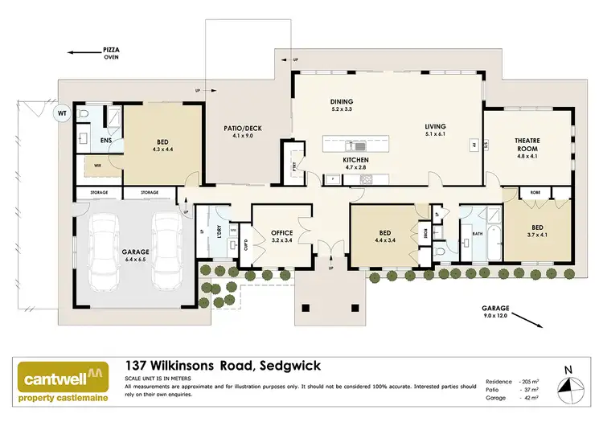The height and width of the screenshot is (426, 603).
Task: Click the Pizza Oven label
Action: point(111,52)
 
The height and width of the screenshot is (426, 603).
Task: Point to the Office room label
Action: point(282,236)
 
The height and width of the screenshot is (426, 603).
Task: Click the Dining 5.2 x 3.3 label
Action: point(342,105)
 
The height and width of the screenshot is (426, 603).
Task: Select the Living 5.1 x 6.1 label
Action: point(435,130)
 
